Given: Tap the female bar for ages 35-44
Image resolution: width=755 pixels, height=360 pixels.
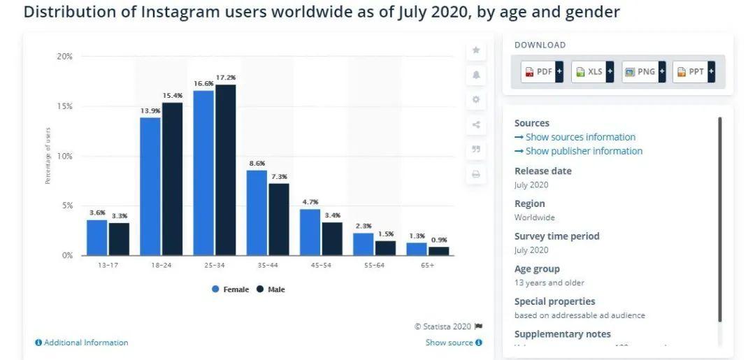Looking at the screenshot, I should [257, 213].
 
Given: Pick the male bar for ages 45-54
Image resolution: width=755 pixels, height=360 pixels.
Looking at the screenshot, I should [332, 238].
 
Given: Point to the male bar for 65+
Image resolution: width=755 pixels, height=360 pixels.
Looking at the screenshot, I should [438, 251].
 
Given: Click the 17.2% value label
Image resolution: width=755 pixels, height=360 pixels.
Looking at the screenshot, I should [226, 78].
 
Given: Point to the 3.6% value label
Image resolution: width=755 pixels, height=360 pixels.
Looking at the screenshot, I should [97, 213].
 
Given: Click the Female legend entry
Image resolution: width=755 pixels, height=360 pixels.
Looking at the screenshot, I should [231, 289].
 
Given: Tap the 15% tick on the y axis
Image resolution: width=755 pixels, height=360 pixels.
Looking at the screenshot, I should [65, 106].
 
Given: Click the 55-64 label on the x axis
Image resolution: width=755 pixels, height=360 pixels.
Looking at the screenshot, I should [374, 266].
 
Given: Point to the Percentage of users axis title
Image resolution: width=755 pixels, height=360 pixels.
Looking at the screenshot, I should [48, 155].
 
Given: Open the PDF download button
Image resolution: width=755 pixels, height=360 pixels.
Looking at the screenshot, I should [542, 72].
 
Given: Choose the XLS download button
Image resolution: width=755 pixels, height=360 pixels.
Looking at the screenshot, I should [592, 72].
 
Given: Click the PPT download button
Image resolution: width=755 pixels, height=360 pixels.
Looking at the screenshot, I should [693, 72].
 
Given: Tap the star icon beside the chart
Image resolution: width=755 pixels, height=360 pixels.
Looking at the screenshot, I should [476, 50].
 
